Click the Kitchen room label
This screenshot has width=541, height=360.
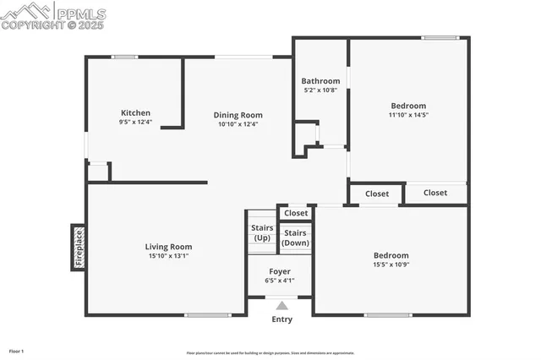[135, 112]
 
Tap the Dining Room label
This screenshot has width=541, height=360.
[238, 115]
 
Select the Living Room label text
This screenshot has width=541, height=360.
[170, 247]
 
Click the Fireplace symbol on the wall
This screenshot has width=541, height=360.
[78, 248]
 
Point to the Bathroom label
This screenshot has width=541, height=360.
[320, 81]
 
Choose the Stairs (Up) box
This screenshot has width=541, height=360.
[261, 232]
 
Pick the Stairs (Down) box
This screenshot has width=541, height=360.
[295, 237]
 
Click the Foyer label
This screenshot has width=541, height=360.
[280, 271]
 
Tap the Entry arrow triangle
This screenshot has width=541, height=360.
[281, 306]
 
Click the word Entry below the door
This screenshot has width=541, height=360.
[281, 319]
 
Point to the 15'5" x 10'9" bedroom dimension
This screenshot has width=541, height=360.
[391, 265]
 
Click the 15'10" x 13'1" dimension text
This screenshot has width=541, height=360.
[170, 256]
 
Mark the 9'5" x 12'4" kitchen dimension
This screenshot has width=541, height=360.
[135, 122]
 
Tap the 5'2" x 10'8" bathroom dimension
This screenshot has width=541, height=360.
[320, 90]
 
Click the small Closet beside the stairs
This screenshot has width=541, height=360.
[296, 213]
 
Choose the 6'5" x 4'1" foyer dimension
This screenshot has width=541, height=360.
[280, 281]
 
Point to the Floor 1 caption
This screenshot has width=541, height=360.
[17, 351]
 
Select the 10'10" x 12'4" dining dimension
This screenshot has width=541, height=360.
[238, 124]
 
